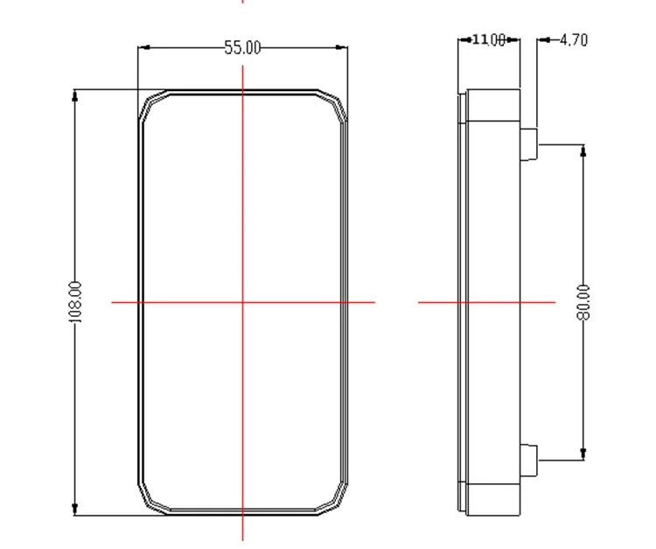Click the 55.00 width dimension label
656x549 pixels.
[242, 47]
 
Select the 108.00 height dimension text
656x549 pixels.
[75, 302]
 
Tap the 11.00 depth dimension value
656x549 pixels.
[489, 39]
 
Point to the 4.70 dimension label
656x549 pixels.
[574, 39]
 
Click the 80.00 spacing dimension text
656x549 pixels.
[583, 302]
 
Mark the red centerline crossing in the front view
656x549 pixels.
[242, 302]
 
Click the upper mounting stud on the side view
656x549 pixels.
[529, 144]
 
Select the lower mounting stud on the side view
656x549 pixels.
[529, 461]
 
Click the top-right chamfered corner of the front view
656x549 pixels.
[333, 102]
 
